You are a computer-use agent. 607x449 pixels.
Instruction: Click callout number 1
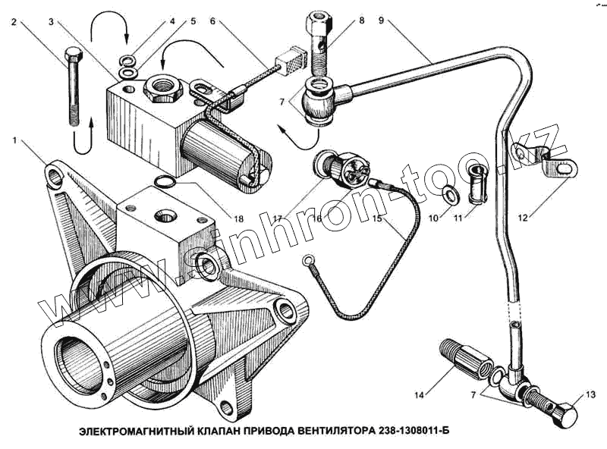click(x=14, y=140)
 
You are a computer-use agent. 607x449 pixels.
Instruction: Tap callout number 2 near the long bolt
click(x=14, y=23)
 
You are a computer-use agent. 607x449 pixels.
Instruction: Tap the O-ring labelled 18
click(x=163, y=181)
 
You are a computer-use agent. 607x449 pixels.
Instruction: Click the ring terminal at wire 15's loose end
click(x=308, y=262)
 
